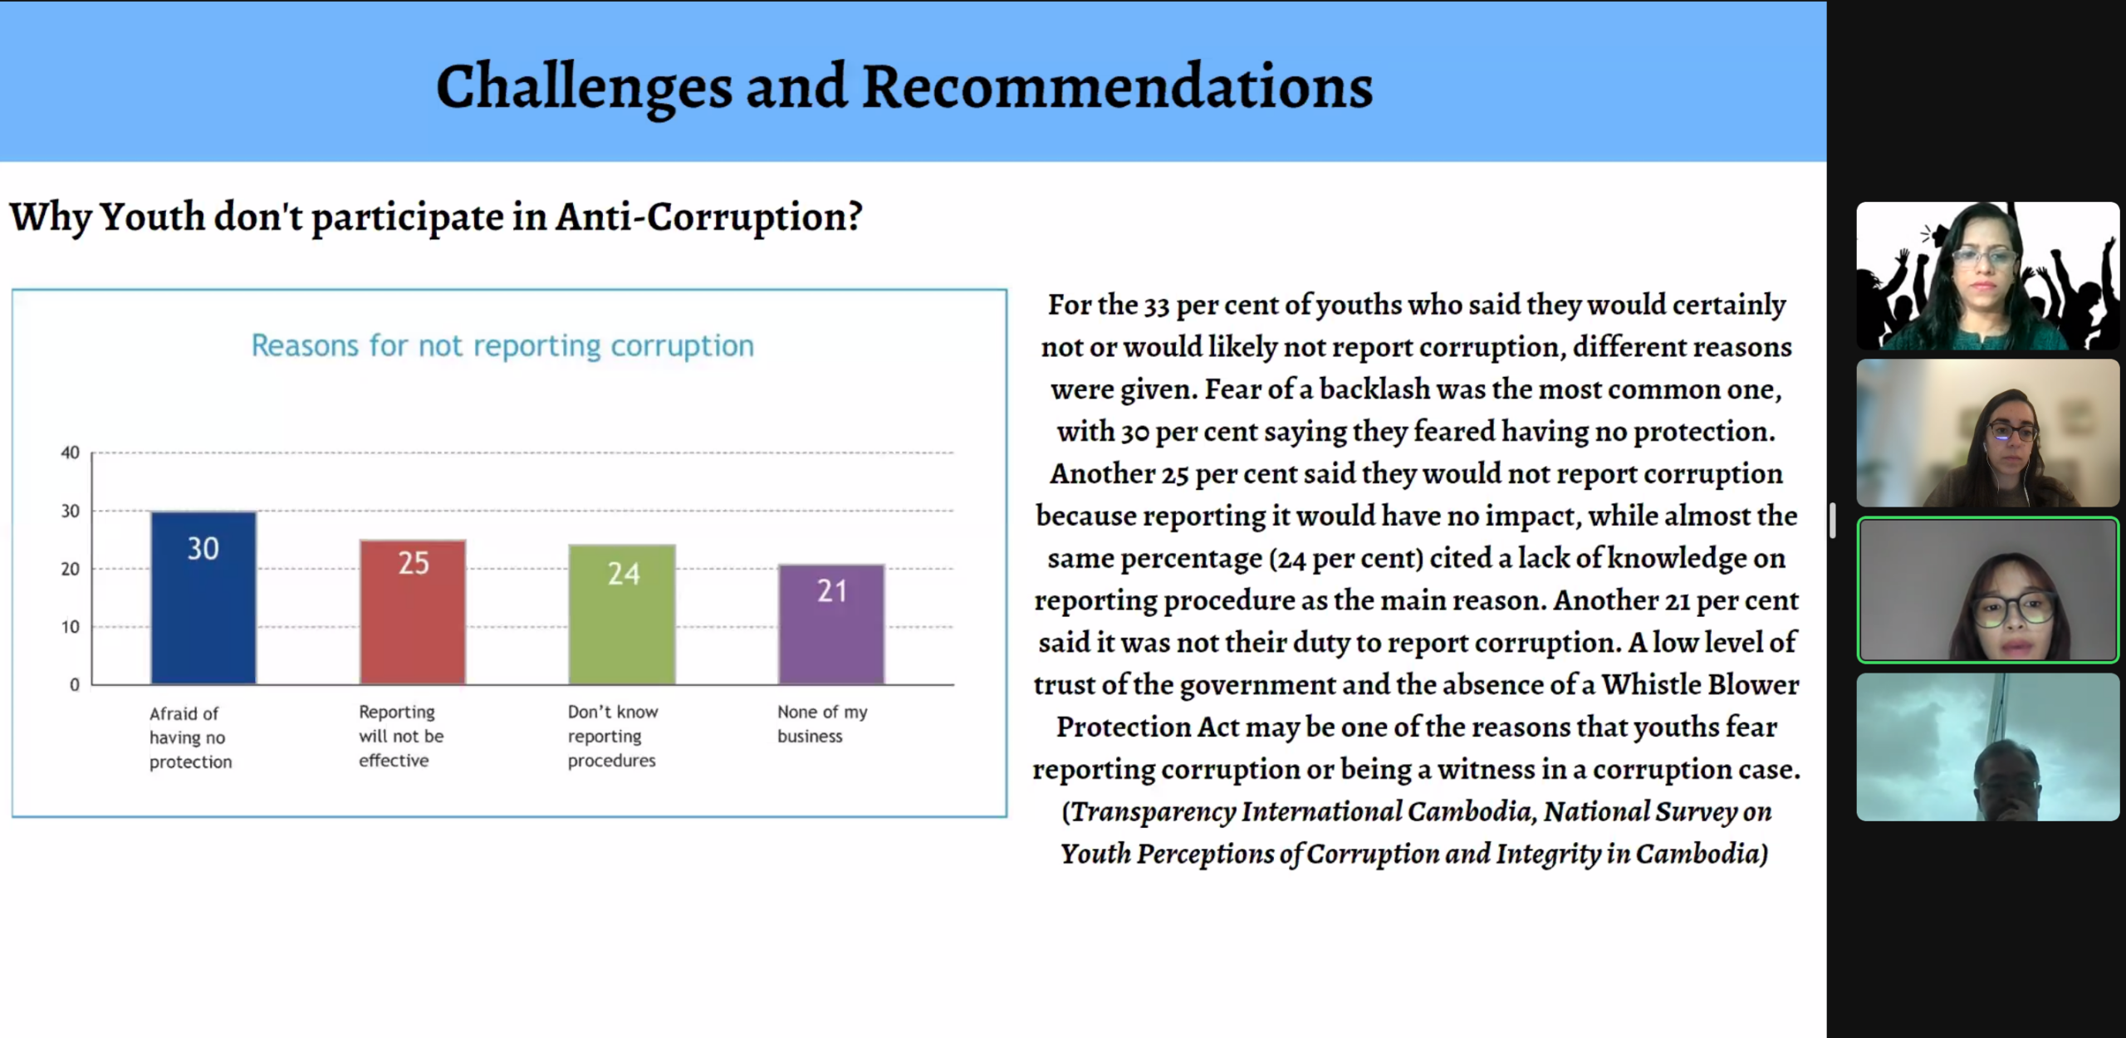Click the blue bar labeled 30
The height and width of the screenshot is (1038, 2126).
(203, 598)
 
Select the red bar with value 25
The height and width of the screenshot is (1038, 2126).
(413, 612)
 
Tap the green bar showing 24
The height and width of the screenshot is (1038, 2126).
(622, 614)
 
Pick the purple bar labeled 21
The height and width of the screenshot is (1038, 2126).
(831, 624)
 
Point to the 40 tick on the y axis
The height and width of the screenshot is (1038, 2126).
(71, 453)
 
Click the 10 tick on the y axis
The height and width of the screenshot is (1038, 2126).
(71, 627)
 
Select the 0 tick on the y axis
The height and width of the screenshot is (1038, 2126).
(75, 685)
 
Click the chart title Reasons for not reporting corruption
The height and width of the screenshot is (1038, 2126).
(502, 345)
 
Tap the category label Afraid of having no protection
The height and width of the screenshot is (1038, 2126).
(190, 737)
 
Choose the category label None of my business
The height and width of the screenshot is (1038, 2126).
(822, 723)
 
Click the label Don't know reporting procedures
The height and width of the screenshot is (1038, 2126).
(613, 736)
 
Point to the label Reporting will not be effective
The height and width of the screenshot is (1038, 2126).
(401, 736)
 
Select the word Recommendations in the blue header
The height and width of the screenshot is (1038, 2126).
(1118, 86)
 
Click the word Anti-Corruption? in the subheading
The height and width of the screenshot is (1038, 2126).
(709, 217)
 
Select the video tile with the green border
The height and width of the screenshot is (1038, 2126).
(1988, 590)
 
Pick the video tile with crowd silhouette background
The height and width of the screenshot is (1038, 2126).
(1988, 276)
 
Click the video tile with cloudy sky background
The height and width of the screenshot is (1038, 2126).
(1988, 747)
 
